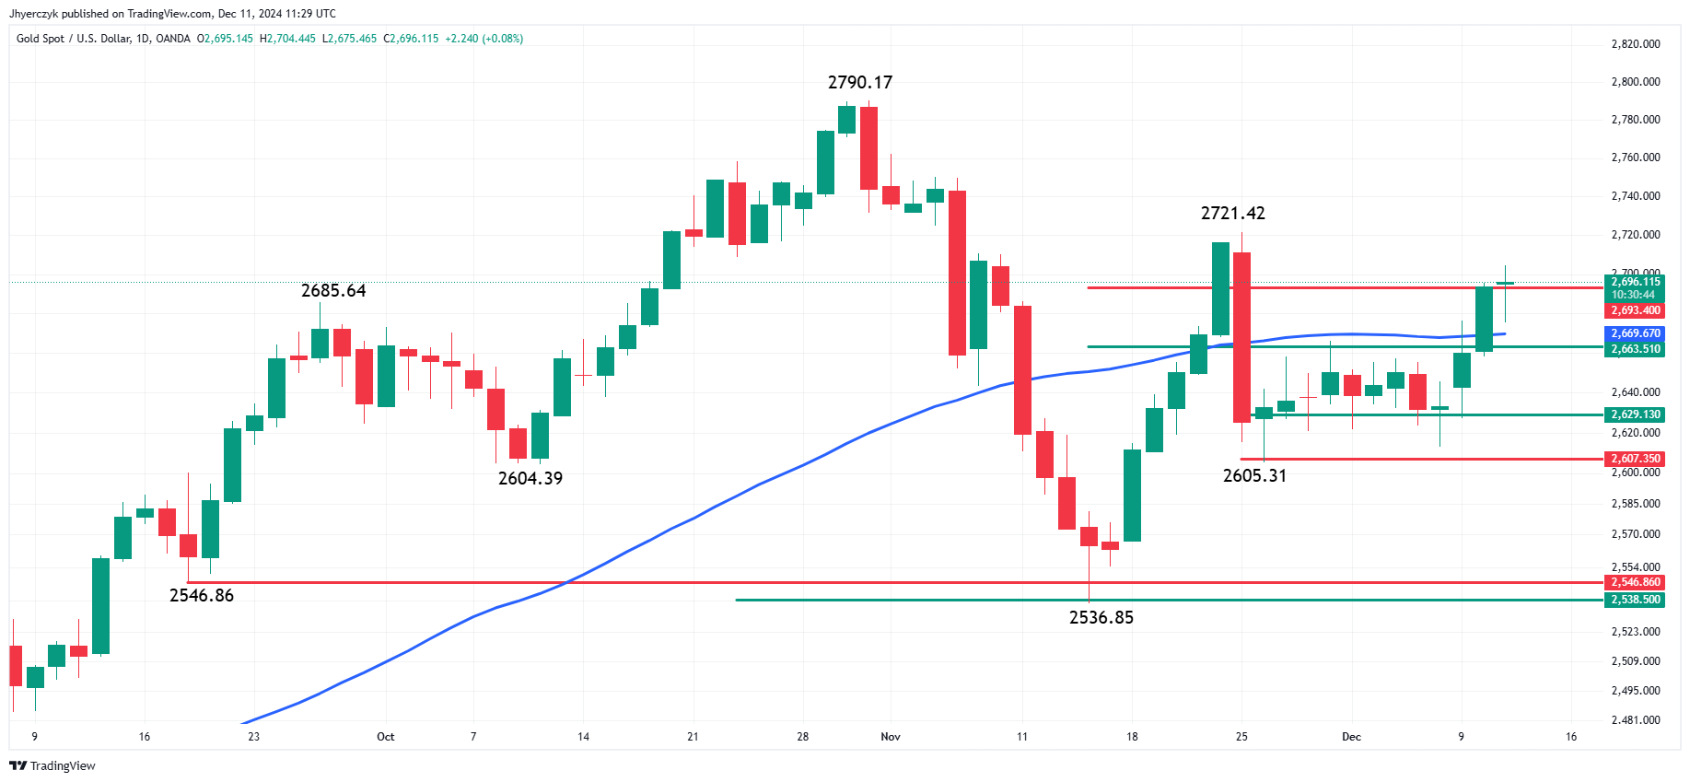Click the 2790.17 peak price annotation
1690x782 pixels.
(859, 83)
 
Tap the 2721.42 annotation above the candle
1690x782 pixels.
(1232, 214)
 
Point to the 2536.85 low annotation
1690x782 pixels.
(1101, 618)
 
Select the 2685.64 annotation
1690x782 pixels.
(333, 291)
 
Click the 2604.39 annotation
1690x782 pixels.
(530, 479)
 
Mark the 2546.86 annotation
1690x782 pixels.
(202, 596)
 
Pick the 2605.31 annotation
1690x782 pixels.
(1254, 476)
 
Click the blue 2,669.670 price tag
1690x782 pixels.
(1635, 333)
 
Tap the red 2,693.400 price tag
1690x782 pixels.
(1635, 311)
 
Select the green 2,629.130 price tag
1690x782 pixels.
(1635, 414)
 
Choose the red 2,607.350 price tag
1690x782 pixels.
(1635, 459)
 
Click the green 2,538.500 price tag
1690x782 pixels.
(1635, 600)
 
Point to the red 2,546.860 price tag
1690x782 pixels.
(1635, 582)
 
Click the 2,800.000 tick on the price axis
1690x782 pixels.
(1635, 82)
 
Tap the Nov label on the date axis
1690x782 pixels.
(891, 737)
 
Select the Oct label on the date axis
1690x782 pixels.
(385, 737)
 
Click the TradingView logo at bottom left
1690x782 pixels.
(52, 766)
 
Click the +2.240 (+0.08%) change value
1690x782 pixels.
(484, 39)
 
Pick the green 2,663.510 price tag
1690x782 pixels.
(1635, 349)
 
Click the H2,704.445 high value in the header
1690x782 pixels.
(287, 39)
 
